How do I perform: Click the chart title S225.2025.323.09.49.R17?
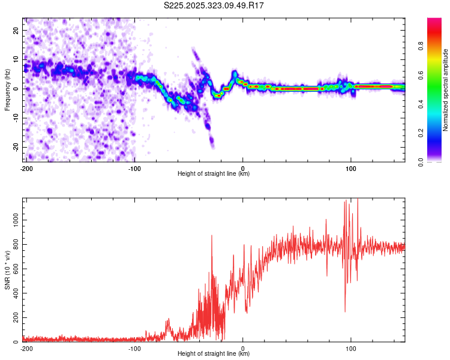click(214, 5)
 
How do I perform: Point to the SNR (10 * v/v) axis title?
click(7, 270)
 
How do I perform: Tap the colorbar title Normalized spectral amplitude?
click(445, 90)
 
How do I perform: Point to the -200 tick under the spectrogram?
click(26, 168)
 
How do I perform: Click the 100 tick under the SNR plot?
click(351, 348)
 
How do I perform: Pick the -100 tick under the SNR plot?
click(134, 348)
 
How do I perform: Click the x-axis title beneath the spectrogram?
click(214, 174)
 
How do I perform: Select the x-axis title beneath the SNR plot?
click(214, 354)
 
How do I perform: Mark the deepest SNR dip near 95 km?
click(345, 311)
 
